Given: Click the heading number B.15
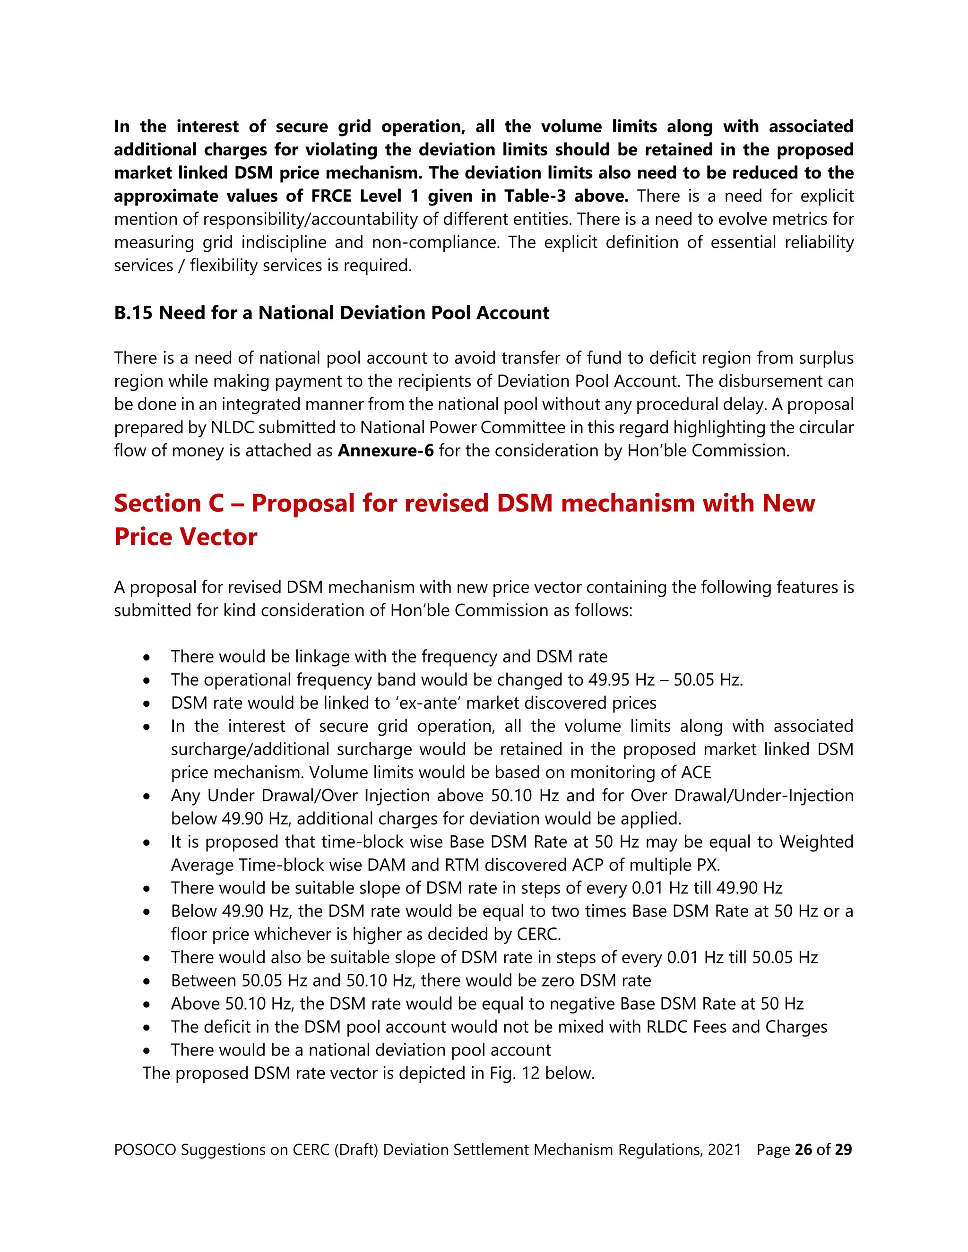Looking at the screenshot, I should [133, 313].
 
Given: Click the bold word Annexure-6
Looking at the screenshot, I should [385, 451].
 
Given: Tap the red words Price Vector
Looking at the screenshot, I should [185, 537].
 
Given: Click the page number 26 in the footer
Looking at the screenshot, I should [803, 1149].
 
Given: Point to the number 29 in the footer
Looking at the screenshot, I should [843, 1149].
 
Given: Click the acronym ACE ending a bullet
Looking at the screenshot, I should [696, 772].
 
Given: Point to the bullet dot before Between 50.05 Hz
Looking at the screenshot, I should [147, 981].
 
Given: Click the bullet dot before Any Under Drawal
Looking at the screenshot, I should [147, 796].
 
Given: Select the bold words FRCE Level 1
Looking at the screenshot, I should [365, 196].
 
